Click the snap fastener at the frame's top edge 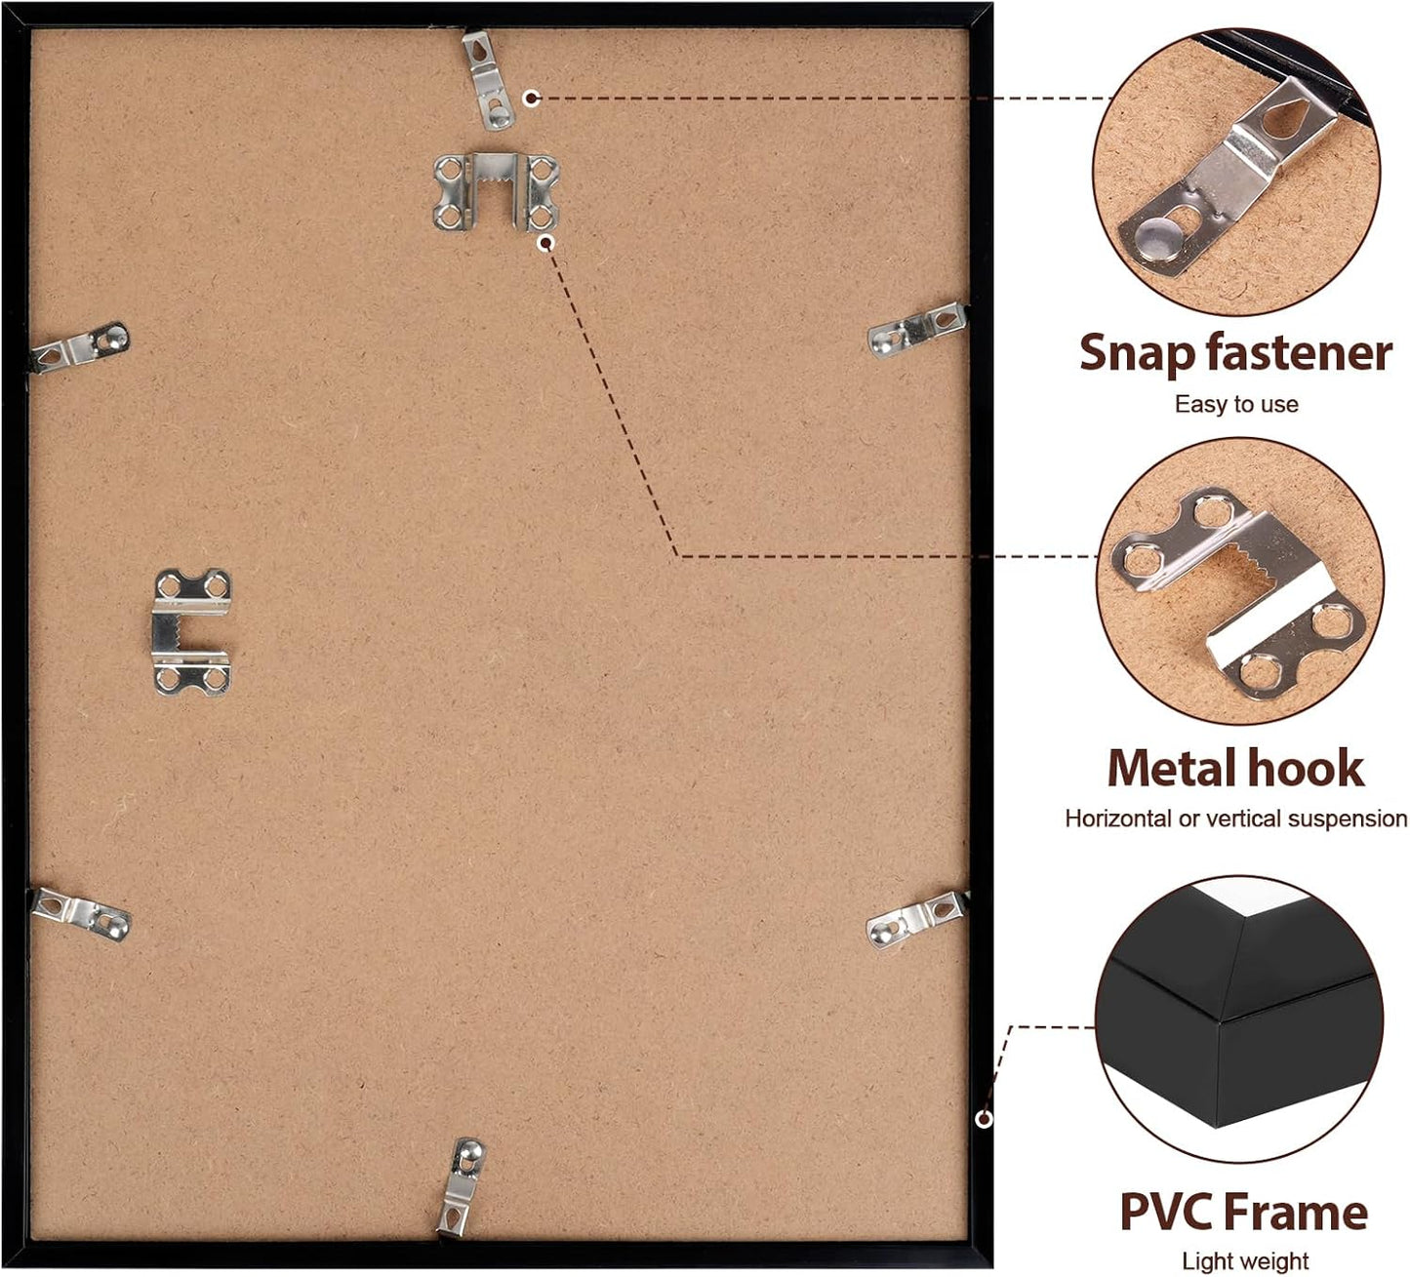click(488, 79)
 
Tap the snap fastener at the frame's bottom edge click(462, 1183)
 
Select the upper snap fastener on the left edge click(79, 347)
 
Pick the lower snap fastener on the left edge click(80, 914)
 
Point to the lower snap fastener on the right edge click(917, 919)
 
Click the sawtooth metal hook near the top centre click(497, 192)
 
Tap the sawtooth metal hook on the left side click(192, 631)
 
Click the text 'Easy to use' click(1236, 404)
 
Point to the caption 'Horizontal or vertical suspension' click(1236, 818)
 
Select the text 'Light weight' click(1245, 1261)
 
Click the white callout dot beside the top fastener click(532, 98)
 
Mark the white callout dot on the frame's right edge click(984, 1119)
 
